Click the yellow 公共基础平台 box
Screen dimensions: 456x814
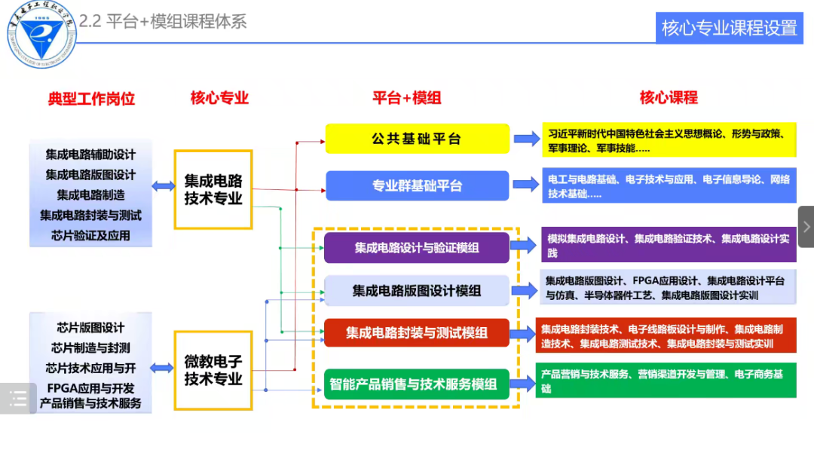[417, 139]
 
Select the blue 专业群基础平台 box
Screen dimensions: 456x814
[417, 185]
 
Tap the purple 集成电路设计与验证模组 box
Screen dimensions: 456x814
[417, 247]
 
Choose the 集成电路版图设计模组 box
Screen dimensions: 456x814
[417, 290]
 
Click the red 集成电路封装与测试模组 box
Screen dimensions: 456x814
[417, 332]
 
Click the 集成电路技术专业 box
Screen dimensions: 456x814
[213, 190]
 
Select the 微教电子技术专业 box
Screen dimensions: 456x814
[213, 370]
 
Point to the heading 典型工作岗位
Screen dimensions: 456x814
[91, 99]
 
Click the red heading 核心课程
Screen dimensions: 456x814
[669, 97]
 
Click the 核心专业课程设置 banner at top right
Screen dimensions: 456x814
[729, 28]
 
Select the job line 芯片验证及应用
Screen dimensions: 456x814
[90, 235]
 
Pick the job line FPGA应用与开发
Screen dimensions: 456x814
[90, 388]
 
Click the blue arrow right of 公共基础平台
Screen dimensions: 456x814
[526, 139]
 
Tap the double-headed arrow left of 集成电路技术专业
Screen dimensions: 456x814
[164, 186]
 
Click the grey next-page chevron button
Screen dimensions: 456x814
[806, 226]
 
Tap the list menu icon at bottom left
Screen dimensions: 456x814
[17, 399]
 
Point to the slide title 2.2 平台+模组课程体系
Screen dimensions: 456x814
[163, 21]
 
